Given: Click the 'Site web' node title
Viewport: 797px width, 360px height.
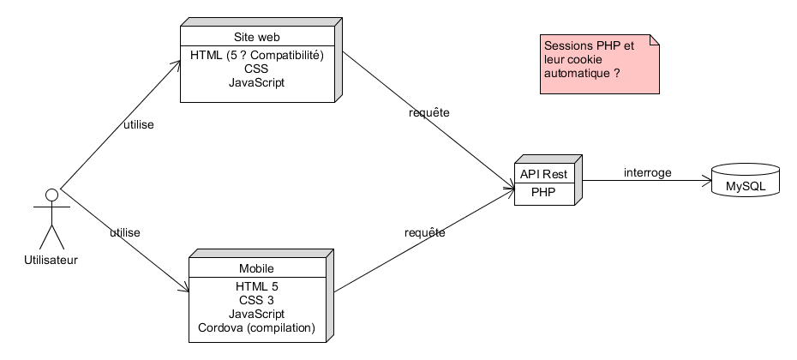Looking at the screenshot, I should coord(257,38).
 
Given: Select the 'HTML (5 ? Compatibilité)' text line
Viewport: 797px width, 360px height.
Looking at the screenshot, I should coord(257,55).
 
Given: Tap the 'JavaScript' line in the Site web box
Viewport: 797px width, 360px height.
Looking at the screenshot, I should coord(256,82).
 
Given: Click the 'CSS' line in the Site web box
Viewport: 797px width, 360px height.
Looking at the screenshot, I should coord(256,69).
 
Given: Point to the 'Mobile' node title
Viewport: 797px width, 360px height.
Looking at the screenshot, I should coord(256,268).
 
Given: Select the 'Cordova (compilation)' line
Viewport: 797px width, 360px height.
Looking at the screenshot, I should coord(256,327).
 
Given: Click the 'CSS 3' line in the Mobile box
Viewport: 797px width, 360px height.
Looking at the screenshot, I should coord(256,300).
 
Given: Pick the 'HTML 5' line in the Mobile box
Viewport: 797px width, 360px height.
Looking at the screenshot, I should coord(256,285).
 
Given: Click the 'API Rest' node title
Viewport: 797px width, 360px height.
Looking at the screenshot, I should coord(543,174).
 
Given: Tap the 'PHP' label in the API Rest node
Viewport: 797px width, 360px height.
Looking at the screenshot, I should coord(543,193).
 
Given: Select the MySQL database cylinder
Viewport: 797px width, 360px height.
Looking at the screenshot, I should coord(746,183).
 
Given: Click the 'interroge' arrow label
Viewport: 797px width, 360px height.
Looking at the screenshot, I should coord(648,172).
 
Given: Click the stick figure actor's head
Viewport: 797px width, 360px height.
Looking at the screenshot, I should coord(51,195).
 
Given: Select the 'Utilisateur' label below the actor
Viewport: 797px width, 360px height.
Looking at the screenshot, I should coord(51,261).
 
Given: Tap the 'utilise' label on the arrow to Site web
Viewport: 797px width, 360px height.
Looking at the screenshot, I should coord(139,125).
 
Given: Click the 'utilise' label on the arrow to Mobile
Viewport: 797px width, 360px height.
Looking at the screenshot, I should coord(125,232).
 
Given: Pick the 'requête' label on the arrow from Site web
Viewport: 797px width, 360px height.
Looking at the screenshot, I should coord(428,113).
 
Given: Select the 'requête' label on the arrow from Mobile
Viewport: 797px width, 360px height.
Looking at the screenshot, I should coord(424,232).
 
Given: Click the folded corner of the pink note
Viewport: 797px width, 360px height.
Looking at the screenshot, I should coord(655,40).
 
